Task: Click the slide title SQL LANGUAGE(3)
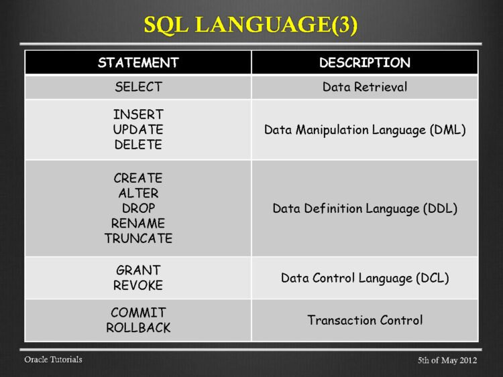251,25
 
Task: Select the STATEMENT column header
138,63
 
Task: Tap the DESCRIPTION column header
365,63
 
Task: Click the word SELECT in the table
138,87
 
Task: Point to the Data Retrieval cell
365,87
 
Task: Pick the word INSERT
138,115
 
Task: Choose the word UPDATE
138,129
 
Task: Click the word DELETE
138,144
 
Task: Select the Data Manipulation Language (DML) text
365,129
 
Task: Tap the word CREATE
138,179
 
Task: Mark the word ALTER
138,194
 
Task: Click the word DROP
138,208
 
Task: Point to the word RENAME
138,223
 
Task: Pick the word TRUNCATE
138,238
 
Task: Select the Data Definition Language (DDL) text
365,208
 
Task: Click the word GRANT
138,270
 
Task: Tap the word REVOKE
138,285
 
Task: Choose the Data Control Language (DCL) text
365,277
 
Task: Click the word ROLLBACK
138,327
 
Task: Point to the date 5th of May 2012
447,361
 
